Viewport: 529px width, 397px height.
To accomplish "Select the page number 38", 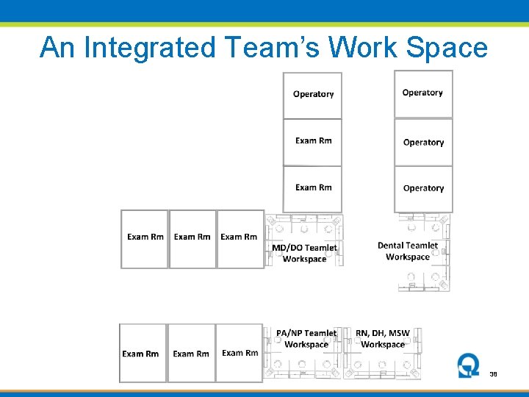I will pyautogui.click(x=493, y=374).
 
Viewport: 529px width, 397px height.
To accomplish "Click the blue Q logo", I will pyautogui.click(x=468, y=365).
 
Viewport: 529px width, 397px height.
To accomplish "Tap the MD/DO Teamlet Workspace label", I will pyautogui.click(x=304, y=253).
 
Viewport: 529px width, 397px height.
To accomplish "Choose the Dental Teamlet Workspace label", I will pyautogui.click(x=408, y=251).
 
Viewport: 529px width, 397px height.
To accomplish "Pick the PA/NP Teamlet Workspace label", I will pyautogui.click(x=306, y=339).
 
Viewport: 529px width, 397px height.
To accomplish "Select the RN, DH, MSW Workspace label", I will pyautogui.click(x=383, y=339).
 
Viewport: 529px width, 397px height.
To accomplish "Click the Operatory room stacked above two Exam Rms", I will pyautogui.click(x=313, y=94).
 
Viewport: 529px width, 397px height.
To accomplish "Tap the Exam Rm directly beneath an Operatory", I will pyautogui.click(x=313, y=141).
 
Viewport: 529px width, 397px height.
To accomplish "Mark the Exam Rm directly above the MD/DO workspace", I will pyautogui.click(x=313, y=187).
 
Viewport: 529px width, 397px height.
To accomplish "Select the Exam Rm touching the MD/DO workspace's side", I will pyautogui.click(x=240, y=237).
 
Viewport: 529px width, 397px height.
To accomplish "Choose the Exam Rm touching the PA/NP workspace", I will pyautogui.click(x=240, y=353).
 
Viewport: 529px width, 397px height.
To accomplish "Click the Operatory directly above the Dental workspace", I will pyautogui.click(x=423, y=188).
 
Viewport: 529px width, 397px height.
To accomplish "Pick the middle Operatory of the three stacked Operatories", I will pyautogui.click(x=423, y=143).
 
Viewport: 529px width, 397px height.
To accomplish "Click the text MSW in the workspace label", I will pyautogui.click(x=399, y=334).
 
